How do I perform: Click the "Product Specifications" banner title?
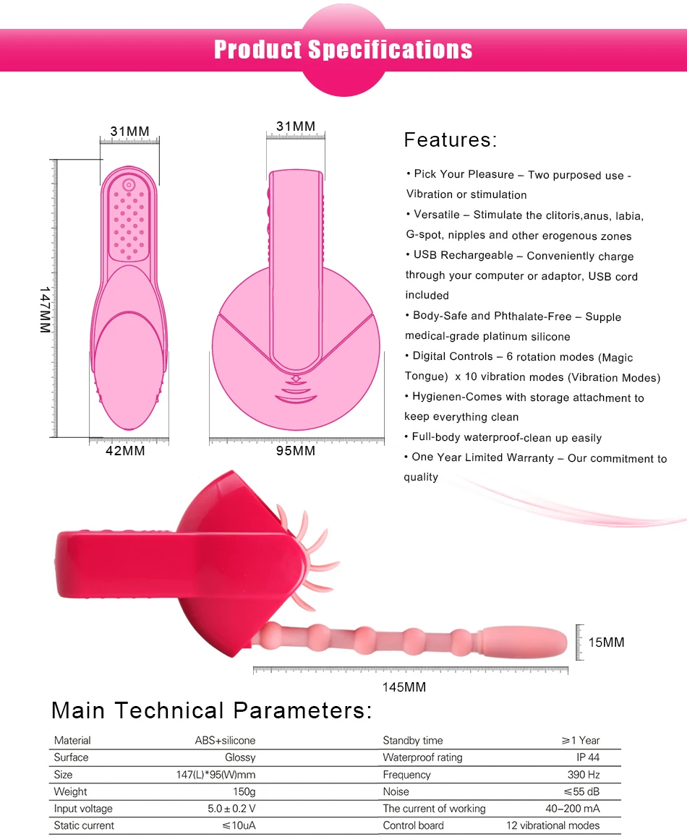tap(343, 50)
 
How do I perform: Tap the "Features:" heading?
tap(450, 140)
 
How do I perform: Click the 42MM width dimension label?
tap(126, 452)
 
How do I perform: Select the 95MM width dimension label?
tap(295, 452)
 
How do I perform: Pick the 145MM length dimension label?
tap(404, 687)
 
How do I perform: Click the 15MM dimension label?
tap(607, 642)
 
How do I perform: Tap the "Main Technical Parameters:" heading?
tap(211, 711)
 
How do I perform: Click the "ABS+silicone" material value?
tap(225, 741)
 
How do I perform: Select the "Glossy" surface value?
tap(240, 757)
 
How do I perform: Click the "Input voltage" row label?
tap(83, 809)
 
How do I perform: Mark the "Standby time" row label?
tap(412, 741)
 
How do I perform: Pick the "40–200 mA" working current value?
tap(572, 809)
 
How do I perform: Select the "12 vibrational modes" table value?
tap(552, 825)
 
